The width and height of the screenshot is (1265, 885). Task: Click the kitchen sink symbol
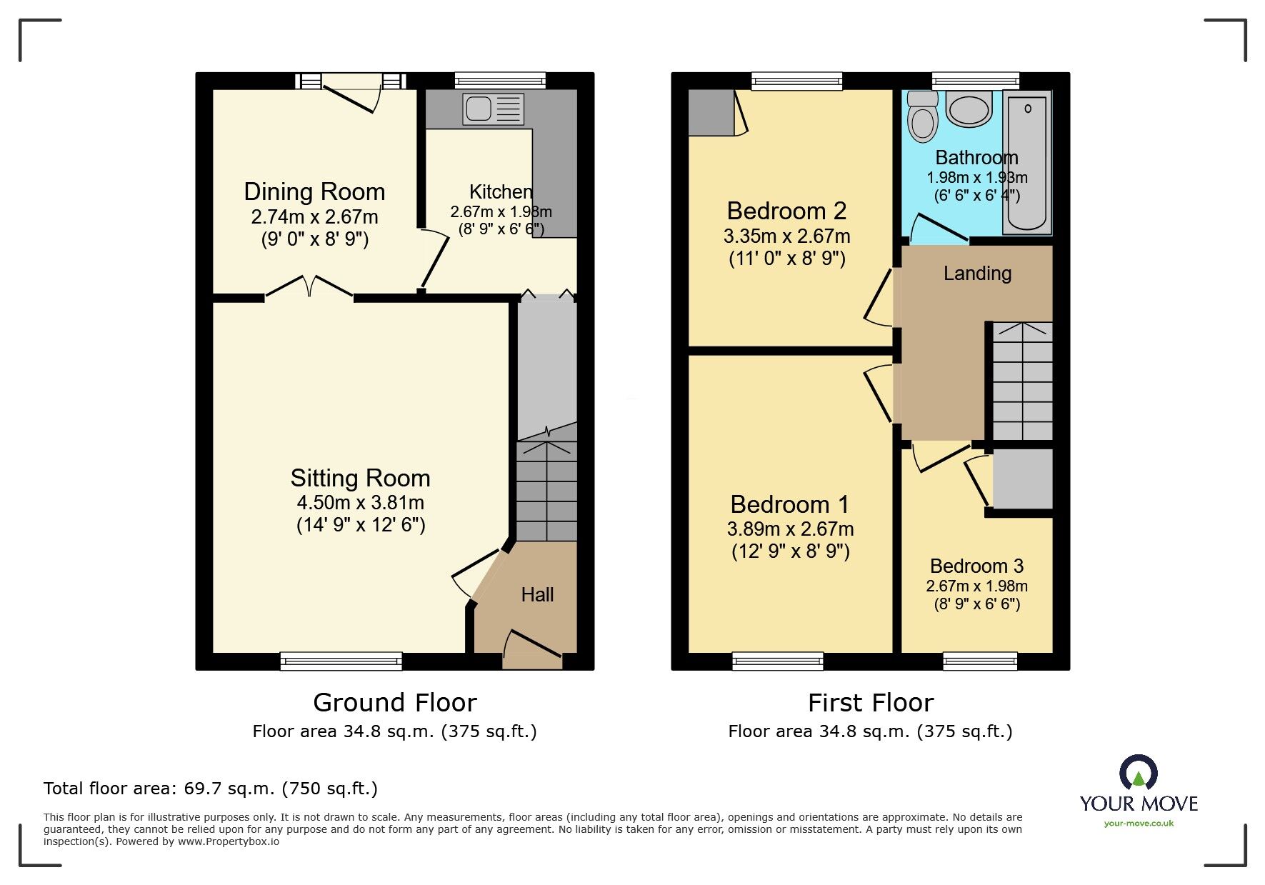point(493,109)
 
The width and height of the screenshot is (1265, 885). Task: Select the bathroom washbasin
point(969,109)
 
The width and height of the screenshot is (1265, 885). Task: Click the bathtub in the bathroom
point(1027,163)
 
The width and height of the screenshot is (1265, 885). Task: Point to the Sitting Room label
point(360,478)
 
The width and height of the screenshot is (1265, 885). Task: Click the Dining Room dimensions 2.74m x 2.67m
point(314,217)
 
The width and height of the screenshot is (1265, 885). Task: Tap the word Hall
point(537,594)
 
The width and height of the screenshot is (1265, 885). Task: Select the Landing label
point(977,274)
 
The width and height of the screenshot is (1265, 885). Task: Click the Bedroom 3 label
point(976,566)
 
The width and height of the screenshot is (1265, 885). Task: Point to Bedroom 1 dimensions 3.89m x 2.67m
point(790,529)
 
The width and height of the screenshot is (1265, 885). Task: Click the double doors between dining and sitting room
point(309,287)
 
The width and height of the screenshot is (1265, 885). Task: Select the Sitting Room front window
point(341,661)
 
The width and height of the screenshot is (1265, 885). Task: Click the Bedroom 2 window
point(796,81)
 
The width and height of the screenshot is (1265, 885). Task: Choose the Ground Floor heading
point(394,703)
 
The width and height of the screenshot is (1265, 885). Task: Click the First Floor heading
point(870,703)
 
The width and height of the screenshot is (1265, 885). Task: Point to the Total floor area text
point(211,789)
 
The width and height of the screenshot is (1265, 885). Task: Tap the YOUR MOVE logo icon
point(1138,773)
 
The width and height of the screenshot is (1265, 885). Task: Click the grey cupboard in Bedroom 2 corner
point(711,113)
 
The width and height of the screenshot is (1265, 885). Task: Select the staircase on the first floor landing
point(1022,381)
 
